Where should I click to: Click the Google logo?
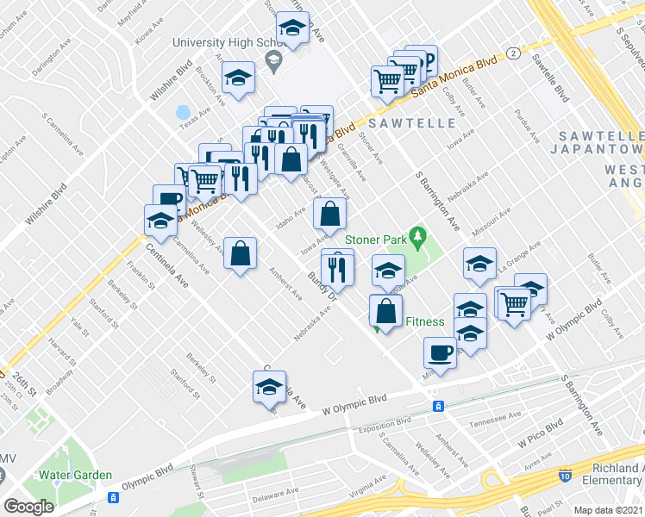[28, 507]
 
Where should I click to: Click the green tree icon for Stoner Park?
[418, 234]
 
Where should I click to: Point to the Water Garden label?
[75, 475]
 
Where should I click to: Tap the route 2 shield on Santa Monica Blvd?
[513, 53]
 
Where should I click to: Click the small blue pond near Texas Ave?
[182, 113]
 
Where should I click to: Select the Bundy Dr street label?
[321, 285]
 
